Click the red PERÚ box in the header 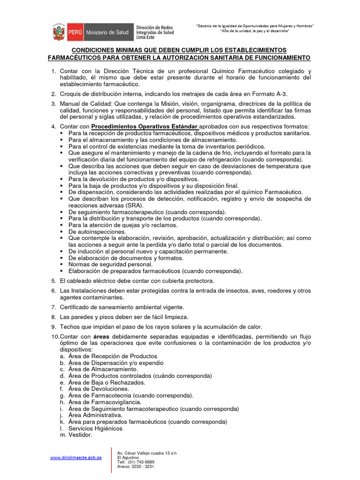(75, 33)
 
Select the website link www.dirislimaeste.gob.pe (76, 457)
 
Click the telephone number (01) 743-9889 (135, 462)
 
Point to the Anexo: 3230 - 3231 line (135, 466)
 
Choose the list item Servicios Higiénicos (95, 428)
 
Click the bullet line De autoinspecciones (97, 232)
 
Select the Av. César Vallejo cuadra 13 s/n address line (147, 453)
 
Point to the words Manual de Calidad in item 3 (84, 104)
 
